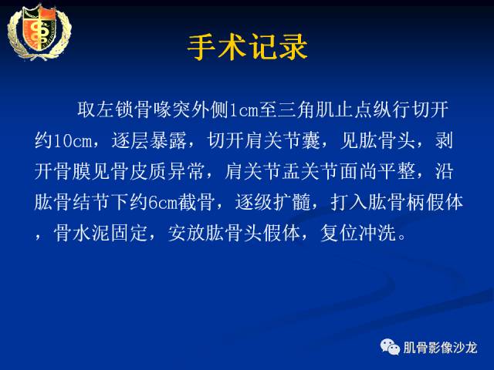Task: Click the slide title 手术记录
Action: [x=247, y=47]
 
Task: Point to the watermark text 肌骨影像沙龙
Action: [x=440, y=347]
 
